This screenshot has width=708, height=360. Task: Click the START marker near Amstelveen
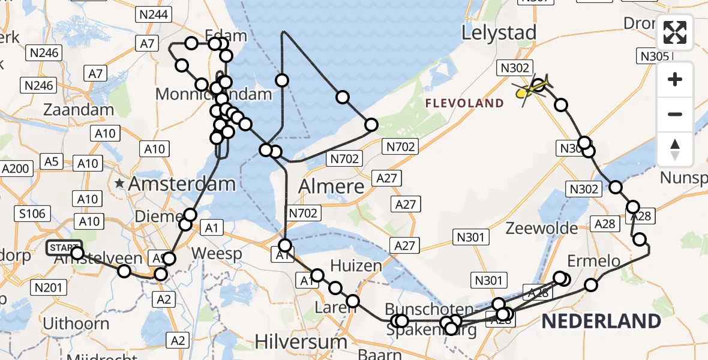pos(64,247)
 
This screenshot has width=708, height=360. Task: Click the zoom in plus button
pos(675,80)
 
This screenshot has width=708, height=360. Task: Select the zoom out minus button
pos(675,114)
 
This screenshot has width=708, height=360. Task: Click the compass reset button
pos(675,149)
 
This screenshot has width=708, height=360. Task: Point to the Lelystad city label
pos(499,34)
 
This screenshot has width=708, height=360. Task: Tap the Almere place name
pos(332,186)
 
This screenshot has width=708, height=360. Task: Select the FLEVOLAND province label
pos(464,104)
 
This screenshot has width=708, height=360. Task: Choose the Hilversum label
pos(301,342)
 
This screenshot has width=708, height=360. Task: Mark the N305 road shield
pos(653,56)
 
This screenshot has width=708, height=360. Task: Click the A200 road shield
pos(17,169)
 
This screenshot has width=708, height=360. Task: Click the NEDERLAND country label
pos(601,321)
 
